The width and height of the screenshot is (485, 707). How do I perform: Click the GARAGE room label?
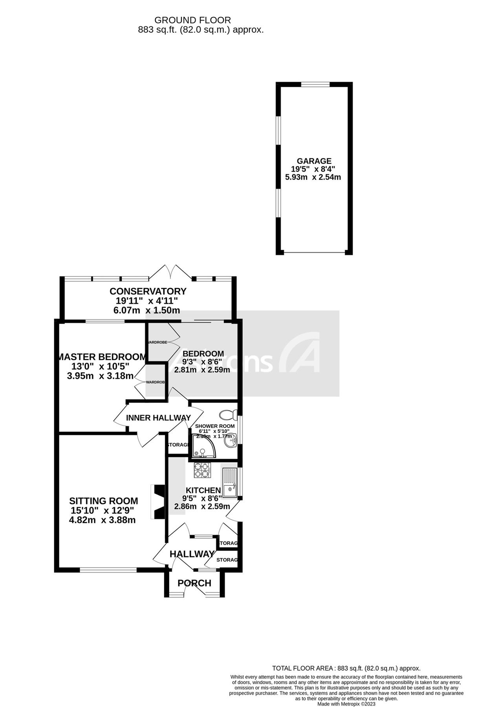pos(314,161)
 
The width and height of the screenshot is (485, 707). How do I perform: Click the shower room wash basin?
pos(230,441)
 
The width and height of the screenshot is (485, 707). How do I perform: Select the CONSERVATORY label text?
pos(148,291)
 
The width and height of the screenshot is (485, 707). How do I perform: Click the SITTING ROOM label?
pos(104,501)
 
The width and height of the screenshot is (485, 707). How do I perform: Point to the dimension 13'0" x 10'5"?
pos(100,366)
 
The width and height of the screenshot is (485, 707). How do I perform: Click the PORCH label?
pos(194,583)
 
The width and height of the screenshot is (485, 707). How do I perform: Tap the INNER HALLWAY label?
pos(158,418)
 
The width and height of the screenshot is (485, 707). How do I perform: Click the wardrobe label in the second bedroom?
pos(157,342)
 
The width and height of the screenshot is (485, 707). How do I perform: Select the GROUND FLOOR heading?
pos(192,20)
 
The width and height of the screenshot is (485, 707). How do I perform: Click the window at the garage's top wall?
pos(315,84)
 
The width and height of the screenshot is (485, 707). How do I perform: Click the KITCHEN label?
pos(203,490)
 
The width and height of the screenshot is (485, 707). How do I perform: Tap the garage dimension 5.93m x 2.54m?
pos(313,177)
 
